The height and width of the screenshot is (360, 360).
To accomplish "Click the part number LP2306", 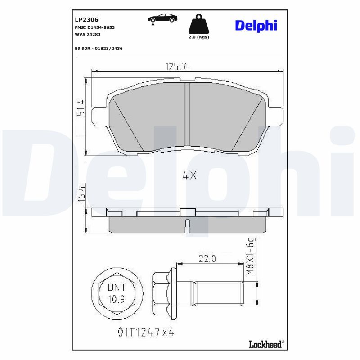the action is [x=86, y=20].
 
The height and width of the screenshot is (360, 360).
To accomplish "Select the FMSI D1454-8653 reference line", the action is [x=95, y=27].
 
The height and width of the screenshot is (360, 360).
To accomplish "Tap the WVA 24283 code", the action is [x=88, y=35].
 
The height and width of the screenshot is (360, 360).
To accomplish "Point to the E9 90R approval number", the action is [x=99, y=49].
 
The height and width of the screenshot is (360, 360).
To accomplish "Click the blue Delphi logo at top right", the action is [x=256, y=26].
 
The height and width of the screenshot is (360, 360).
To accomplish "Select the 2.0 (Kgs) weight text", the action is [x=199, y=37].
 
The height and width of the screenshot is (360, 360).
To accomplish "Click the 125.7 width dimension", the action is [x=175, y=67].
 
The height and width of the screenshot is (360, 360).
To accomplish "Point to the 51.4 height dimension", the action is [x=81, y=108].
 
